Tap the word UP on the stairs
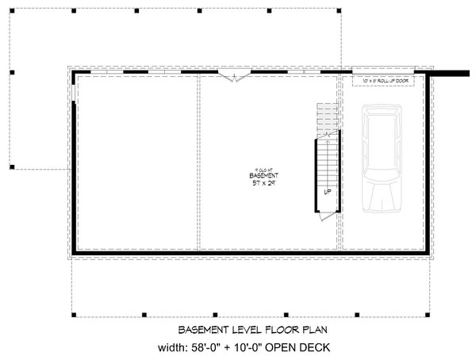(327, 192)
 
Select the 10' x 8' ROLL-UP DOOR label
(383, 81)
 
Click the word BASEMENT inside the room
(262, 174)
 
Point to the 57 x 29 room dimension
(262, 183)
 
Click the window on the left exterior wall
(72, 94)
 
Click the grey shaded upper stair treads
(325, 117)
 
